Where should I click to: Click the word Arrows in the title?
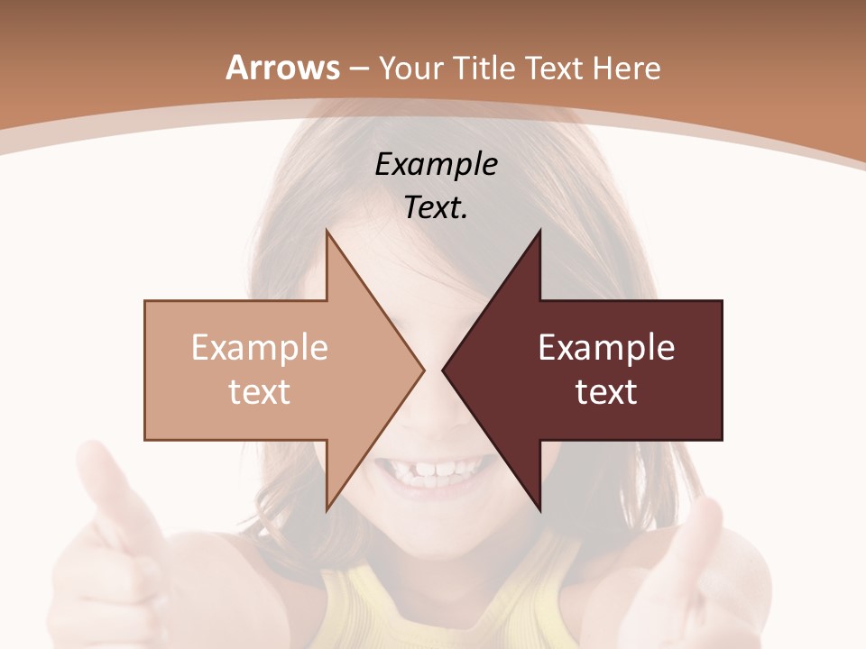(283, 68)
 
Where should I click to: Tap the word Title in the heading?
(487, 68)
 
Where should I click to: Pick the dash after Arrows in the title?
(358, 69)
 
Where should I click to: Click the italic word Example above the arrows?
(436, 165)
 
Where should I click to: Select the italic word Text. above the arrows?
(436, 208)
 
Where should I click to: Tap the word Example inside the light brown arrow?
(259, 348)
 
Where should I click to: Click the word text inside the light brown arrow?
(259, 392)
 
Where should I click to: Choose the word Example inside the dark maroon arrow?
(606, 348)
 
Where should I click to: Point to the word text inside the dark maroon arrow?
(606, 392)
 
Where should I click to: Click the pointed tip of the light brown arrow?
(424, 370)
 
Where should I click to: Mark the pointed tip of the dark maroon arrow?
(443, 370)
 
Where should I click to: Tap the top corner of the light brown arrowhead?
(327, 231)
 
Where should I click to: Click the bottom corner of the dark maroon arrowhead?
(539, 510)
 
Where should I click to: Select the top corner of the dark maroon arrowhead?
(539, 231)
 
